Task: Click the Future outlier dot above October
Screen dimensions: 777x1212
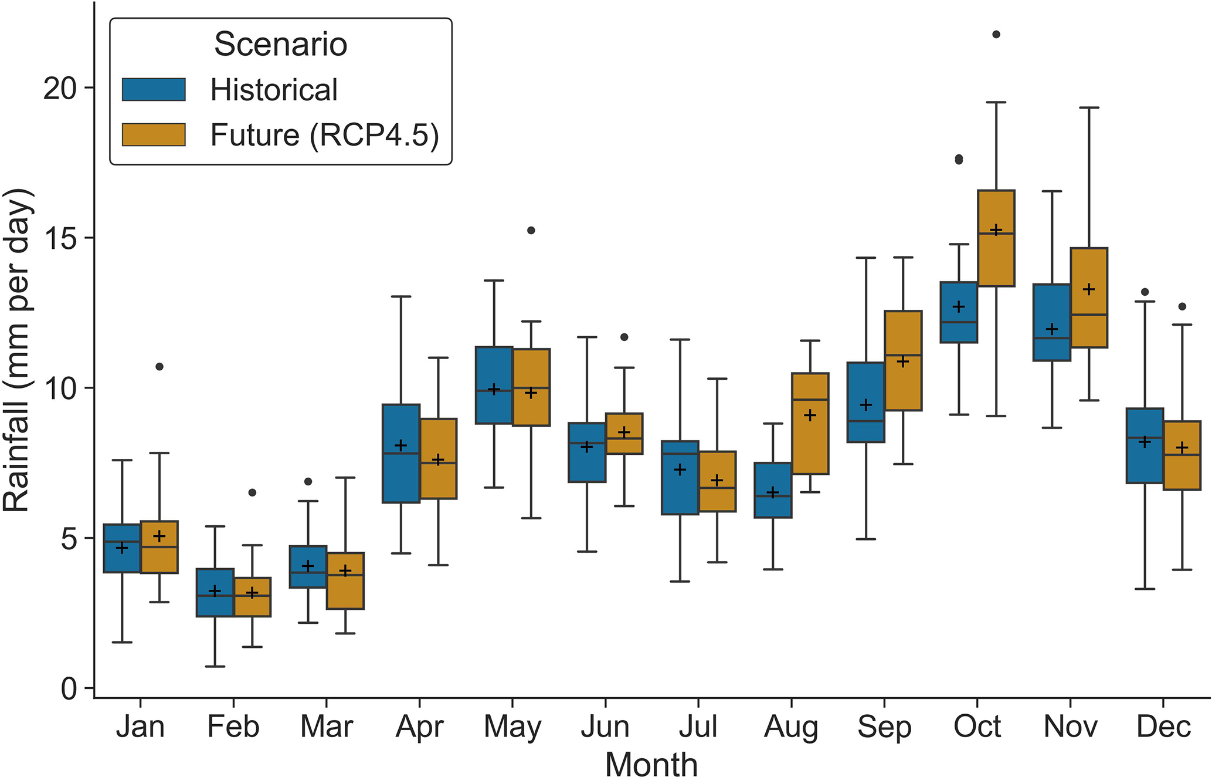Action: click(996, 35)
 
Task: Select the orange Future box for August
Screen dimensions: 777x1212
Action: click(810, 423)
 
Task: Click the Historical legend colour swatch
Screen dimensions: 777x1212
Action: click(154, 90)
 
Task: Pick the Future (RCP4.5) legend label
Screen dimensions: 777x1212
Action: click(324, 135)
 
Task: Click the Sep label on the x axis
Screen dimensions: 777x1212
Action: click(884, 727)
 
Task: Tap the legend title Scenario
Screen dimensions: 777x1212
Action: click(280, 44)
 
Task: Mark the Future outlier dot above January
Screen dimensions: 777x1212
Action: click(159, 367)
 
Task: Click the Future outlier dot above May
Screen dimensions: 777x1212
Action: click(531, 231)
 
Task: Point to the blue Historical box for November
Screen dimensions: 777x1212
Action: click(1051, 322)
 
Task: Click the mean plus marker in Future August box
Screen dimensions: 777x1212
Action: click(810, 415)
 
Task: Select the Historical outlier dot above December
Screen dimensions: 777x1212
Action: click(1145, 292)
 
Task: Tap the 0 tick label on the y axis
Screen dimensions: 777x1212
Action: click(69, 688)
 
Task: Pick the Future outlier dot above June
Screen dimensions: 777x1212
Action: click(624, 337)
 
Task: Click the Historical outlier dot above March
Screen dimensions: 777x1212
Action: click(308, 482)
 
